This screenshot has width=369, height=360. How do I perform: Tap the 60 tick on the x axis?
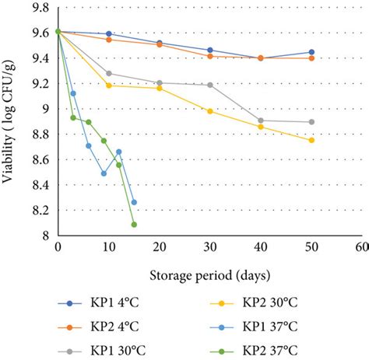coord(362,246)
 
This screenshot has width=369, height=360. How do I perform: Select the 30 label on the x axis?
coord(209,246)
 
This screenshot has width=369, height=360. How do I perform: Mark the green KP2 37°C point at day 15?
coord(134,225)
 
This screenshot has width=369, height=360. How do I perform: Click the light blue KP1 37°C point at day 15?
coord(134,202)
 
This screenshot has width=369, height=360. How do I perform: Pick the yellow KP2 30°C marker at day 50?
coord(311,140)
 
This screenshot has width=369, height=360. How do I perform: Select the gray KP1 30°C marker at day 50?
coord(311,122)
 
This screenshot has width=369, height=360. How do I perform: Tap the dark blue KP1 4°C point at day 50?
coord(311,52)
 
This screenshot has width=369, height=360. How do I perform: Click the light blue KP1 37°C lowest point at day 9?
coord(104,173)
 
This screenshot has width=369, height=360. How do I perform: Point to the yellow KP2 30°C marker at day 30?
coord(210,111)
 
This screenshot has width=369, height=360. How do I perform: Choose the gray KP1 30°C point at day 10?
coord(109,73)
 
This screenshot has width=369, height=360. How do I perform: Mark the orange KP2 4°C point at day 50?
coord(311,58)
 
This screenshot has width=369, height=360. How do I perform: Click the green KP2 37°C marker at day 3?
coord(73,117)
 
